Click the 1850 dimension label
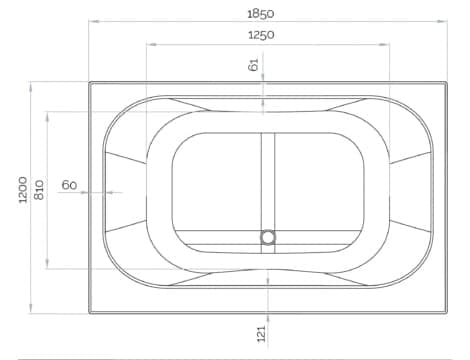(x=261, y=14)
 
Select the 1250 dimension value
(x=261, y=35)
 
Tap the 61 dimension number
(x=253, y=64)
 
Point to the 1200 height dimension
(x=23, y=190)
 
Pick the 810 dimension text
(x=39, y=190)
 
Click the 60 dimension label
(x=69, y=185)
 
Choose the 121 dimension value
(x=262, y=333)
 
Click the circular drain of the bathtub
(x=268, y=238)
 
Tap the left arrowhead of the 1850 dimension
(x=94, y=21)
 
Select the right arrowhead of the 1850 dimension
(x=442, y=21)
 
